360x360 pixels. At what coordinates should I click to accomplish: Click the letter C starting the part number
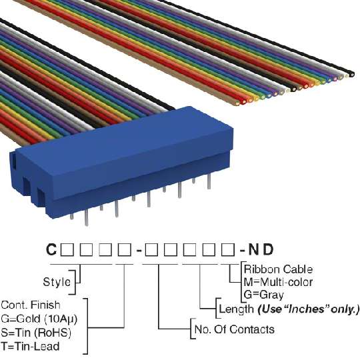[x=51, y=249]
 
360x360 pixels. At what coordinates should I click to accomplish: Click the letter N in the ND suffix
[x=253, y=249]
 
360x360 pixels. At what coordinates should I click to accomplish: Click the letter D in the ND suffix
[x=268, y=249]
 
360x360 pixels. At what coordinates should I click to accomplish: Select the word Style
[x=57, y=282]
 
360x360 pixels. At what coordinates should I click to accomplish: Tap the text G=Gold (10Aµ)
[x=39, y=319]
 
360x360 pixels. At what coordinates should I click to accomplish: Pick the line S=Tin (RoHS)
[x=36, y=333]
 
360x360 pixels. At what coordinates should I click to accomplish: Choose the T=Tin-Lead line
[x=30, y=346]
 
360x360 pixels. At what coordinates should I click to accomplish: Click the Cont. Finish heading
[x=31, y=305]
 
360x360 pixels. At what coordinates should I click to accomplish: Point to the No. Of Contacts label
[x=235, y=329]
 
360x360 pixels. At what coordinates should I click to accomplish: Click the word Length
[x=236, y=309]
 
